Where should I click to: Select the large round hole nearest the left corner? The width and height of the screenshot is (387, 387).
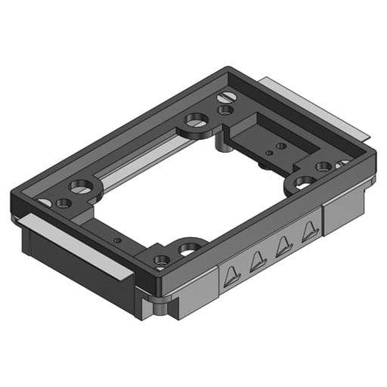[80, 185]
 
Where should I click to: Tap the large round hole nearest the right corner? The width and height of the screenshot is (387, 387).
[305, 182]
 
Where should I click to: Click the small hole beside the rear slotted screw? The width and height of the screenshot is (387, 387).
[224, 110]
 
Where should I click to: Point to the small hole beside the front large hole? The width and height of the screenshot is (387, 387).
[161, 260]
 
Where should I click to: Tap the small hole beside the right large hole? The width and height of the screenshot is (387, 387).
[323, 166]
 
